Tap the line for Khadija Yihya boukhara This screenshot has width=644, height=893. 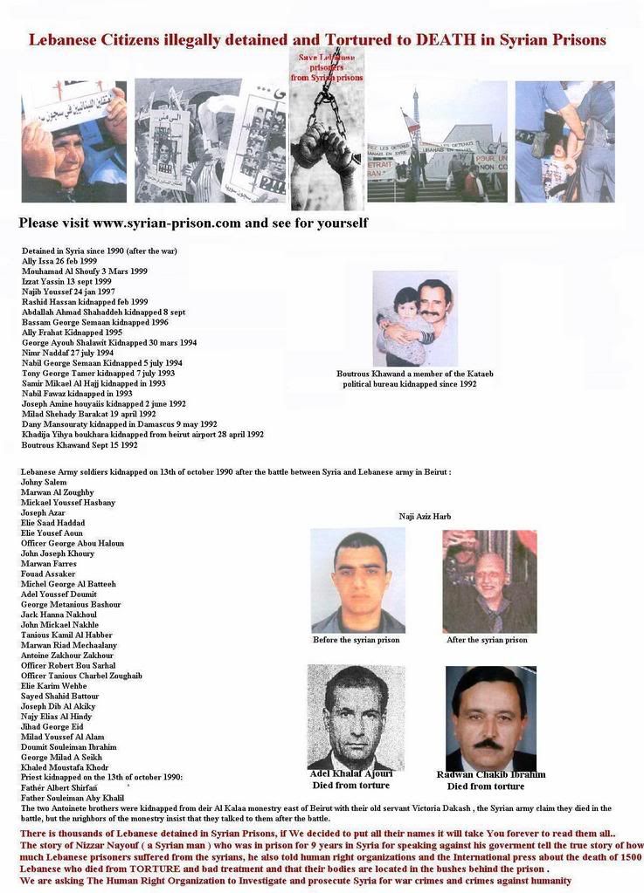click(x=142, y=434)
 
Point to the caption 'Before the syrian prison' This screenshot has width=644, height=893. click(x=356, y=640)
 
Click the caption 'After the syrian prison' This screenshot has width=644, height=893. click(x=487, y=640)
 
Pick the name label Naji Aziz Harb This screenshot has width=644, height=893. click(x=425, y=517)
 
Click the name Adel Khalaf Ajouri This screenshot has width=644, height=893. click(x=351, y=773)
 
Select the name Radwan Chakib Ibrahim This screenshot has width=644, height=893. click(x=490, y=774)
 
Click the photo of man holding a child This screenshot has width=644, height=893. click(x=415, y=319)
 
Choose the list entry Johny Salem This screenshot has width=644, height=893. click(x=44, y=482)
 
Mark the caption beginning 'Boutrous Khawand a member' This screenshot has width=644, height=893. click(x=415, y=374)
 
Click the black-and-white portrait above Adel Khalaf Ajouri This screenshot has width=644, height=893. click(x=355, y=717)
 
